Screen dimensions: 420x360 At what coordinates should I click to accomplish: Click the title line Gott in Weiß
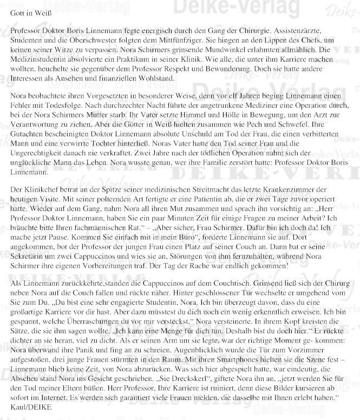tap(31, 11)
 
